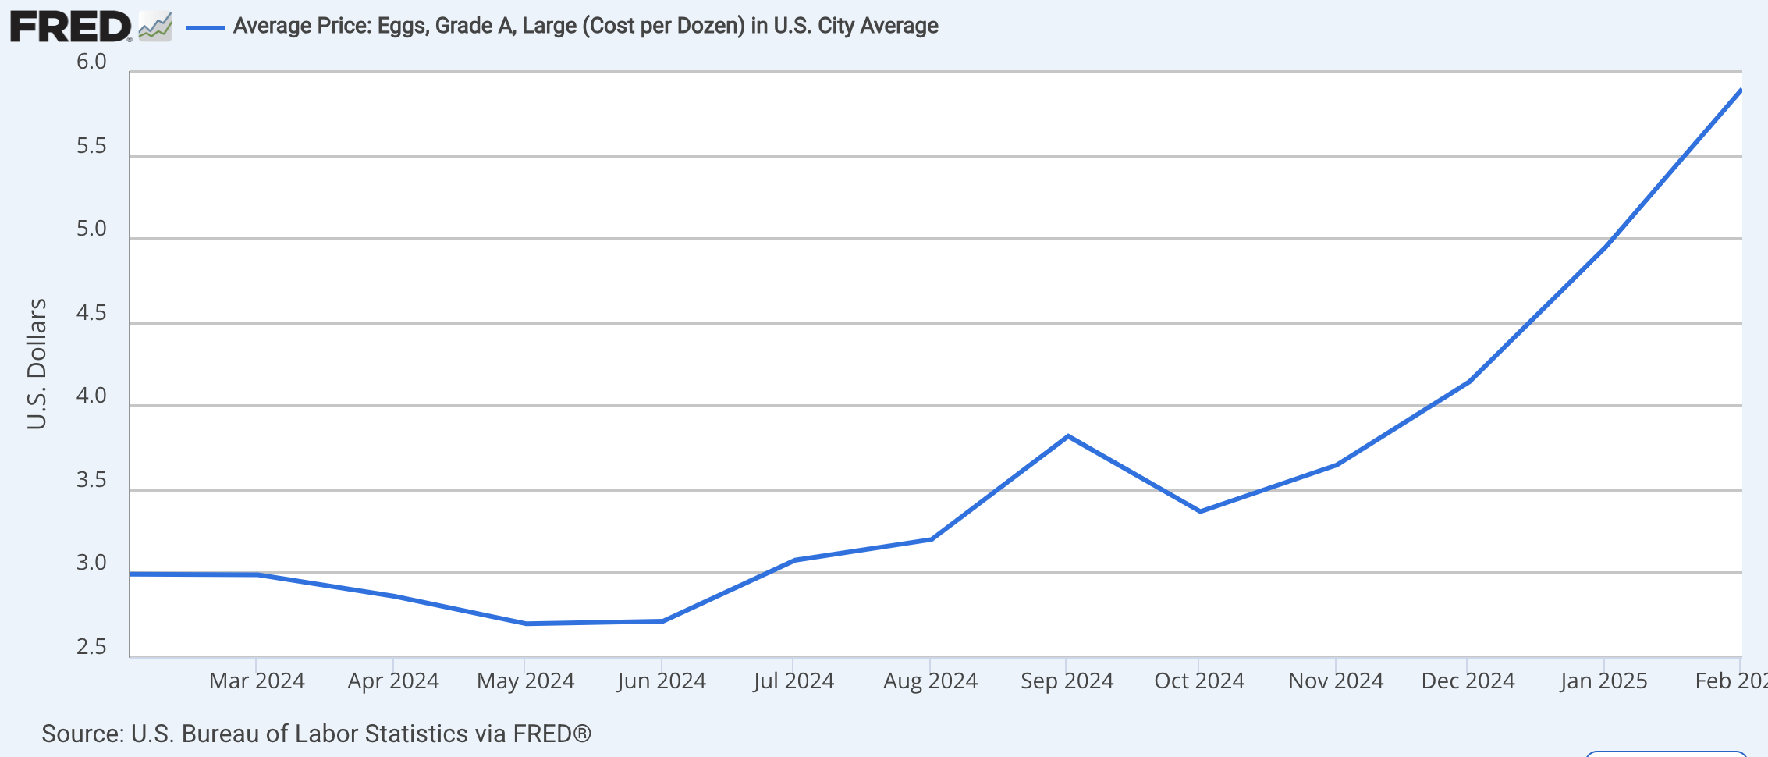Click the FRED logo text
click(x=70, y=27)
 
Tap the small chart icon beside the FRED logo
click(x=155, y=27)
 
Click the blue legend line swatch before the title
click(x=205, y=27)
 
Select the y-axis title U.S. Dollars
click(x=37, y=364)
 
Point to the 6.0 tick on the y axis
click(x=91, y=62)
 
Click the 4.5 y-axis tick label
click(x=91, y=313)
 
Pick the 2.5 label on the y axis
click(x=91, y=647)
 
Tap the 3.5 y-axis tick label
click(x=91, y=480)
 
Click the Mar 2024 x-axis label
click(x=257, y=681)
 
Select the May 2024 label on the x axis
click(x=525, y=681)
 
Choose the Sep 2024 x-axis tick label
click(x=1067, y=681)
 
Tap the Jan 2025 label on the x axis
click(x=1603, y=681)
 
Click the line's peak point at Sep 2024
click(x=1067, y=436)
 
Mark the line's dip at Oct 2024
click(x=1200, y=511)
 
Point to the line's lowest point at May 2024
click(x=526, y=624)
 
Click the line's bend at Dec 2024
click(x=1469, y=382)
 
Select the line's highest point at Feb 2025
click(x=1740, y=91)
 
